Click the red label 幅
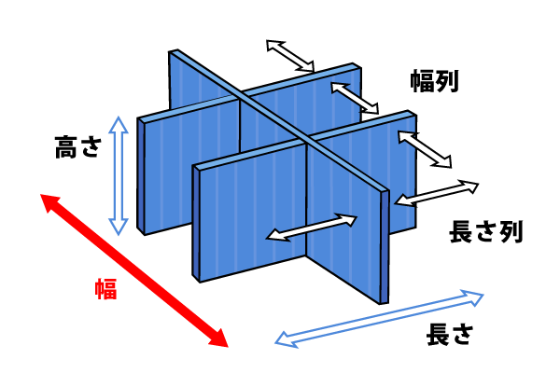click(x=105, y=289)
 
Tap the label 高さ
click(x=77, y=146)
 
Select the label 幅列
click(x=434, y=81)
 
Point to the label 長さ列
click(x=485, y=231)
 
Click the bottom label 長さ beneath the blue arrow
click(x=450, y=334)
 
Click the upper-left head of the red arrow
click(x=48, y=200)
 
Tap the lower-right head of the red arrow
click(x=219, y=339)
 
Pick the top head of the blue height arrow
click(x=119, y=123)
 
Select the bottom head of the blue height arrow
click(x=119, y=228)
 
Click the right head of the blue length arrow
click(x=475, y=297)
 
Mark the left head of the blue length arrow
click(x=285, y=340)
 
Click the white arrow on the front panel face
click(x=312, y=228)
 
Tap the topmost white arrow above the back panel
click(x=290, y=56)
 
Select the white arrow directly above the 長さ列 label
click(x=437, y=193)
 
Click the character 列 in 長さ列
click(x=511, y=231)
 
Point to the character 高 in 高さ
click(x=66, y=146)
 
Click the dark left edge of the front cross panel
click(x=196, y=224)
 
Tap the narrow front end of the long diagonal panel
click(x=385, y=246)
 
